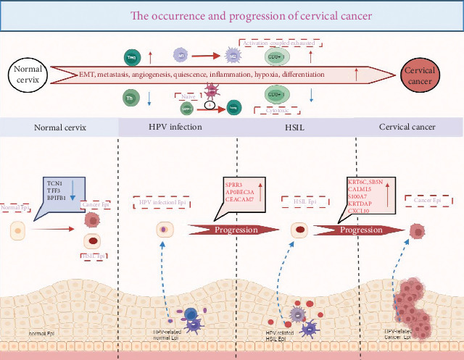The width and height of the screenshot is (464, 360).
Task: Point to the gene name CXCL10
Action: coord(360,212)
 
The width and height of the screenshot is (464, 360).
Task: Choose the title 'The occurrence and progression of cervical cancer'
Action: coord(232,14)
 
